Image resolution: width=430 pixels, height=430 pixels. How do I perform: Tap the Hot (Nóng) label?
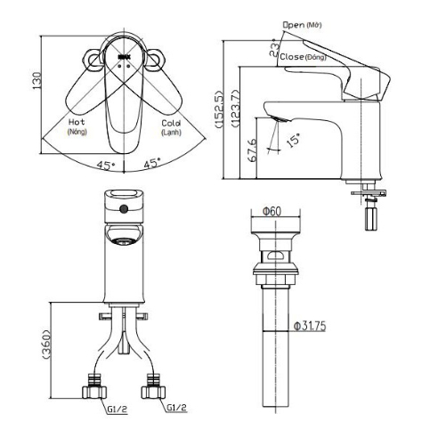pos(76,126)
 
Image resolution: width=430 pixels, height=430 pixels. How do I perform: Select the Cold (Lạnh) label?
pos(171,126)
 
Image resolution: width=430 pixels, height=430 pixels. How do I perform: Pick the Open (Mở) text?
pos(300,25)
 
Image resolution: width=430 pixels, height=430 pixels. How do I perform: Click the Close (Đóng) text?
pos(301,56)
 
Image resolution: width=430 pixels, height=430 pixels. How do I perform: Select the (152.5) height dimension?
pos(217,110)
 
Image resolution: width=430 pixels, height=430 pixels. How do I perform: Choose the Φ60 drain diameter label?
pos(272,211)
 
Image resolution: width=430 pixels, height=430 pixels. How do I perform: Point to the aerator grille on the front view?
pos(124,239)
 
